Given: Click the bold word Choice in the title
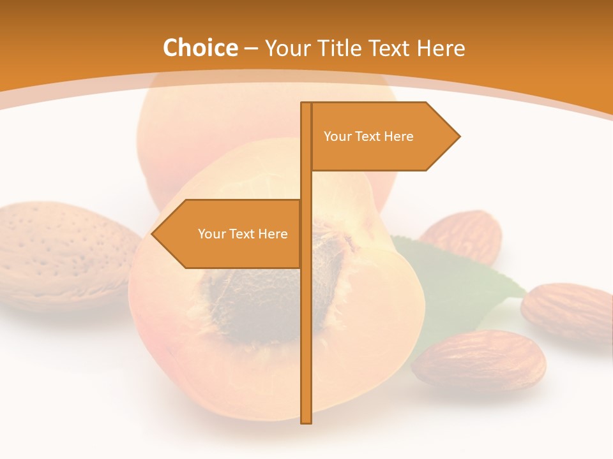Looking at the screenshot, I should pyautogui.click(x=200, y=48).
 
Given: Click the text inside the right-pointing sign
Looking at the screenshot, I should pyautogui.click(x=368, y=136).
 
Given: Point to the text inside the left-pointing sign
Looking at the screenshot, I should pyautogui.click(x=243, y=234).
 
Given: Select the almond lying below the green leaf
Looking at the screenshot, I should pyautogui.click(x=479, y=360).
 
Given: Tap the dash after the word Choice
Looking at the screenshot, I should pyautogui.click(x=251, y=48).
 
